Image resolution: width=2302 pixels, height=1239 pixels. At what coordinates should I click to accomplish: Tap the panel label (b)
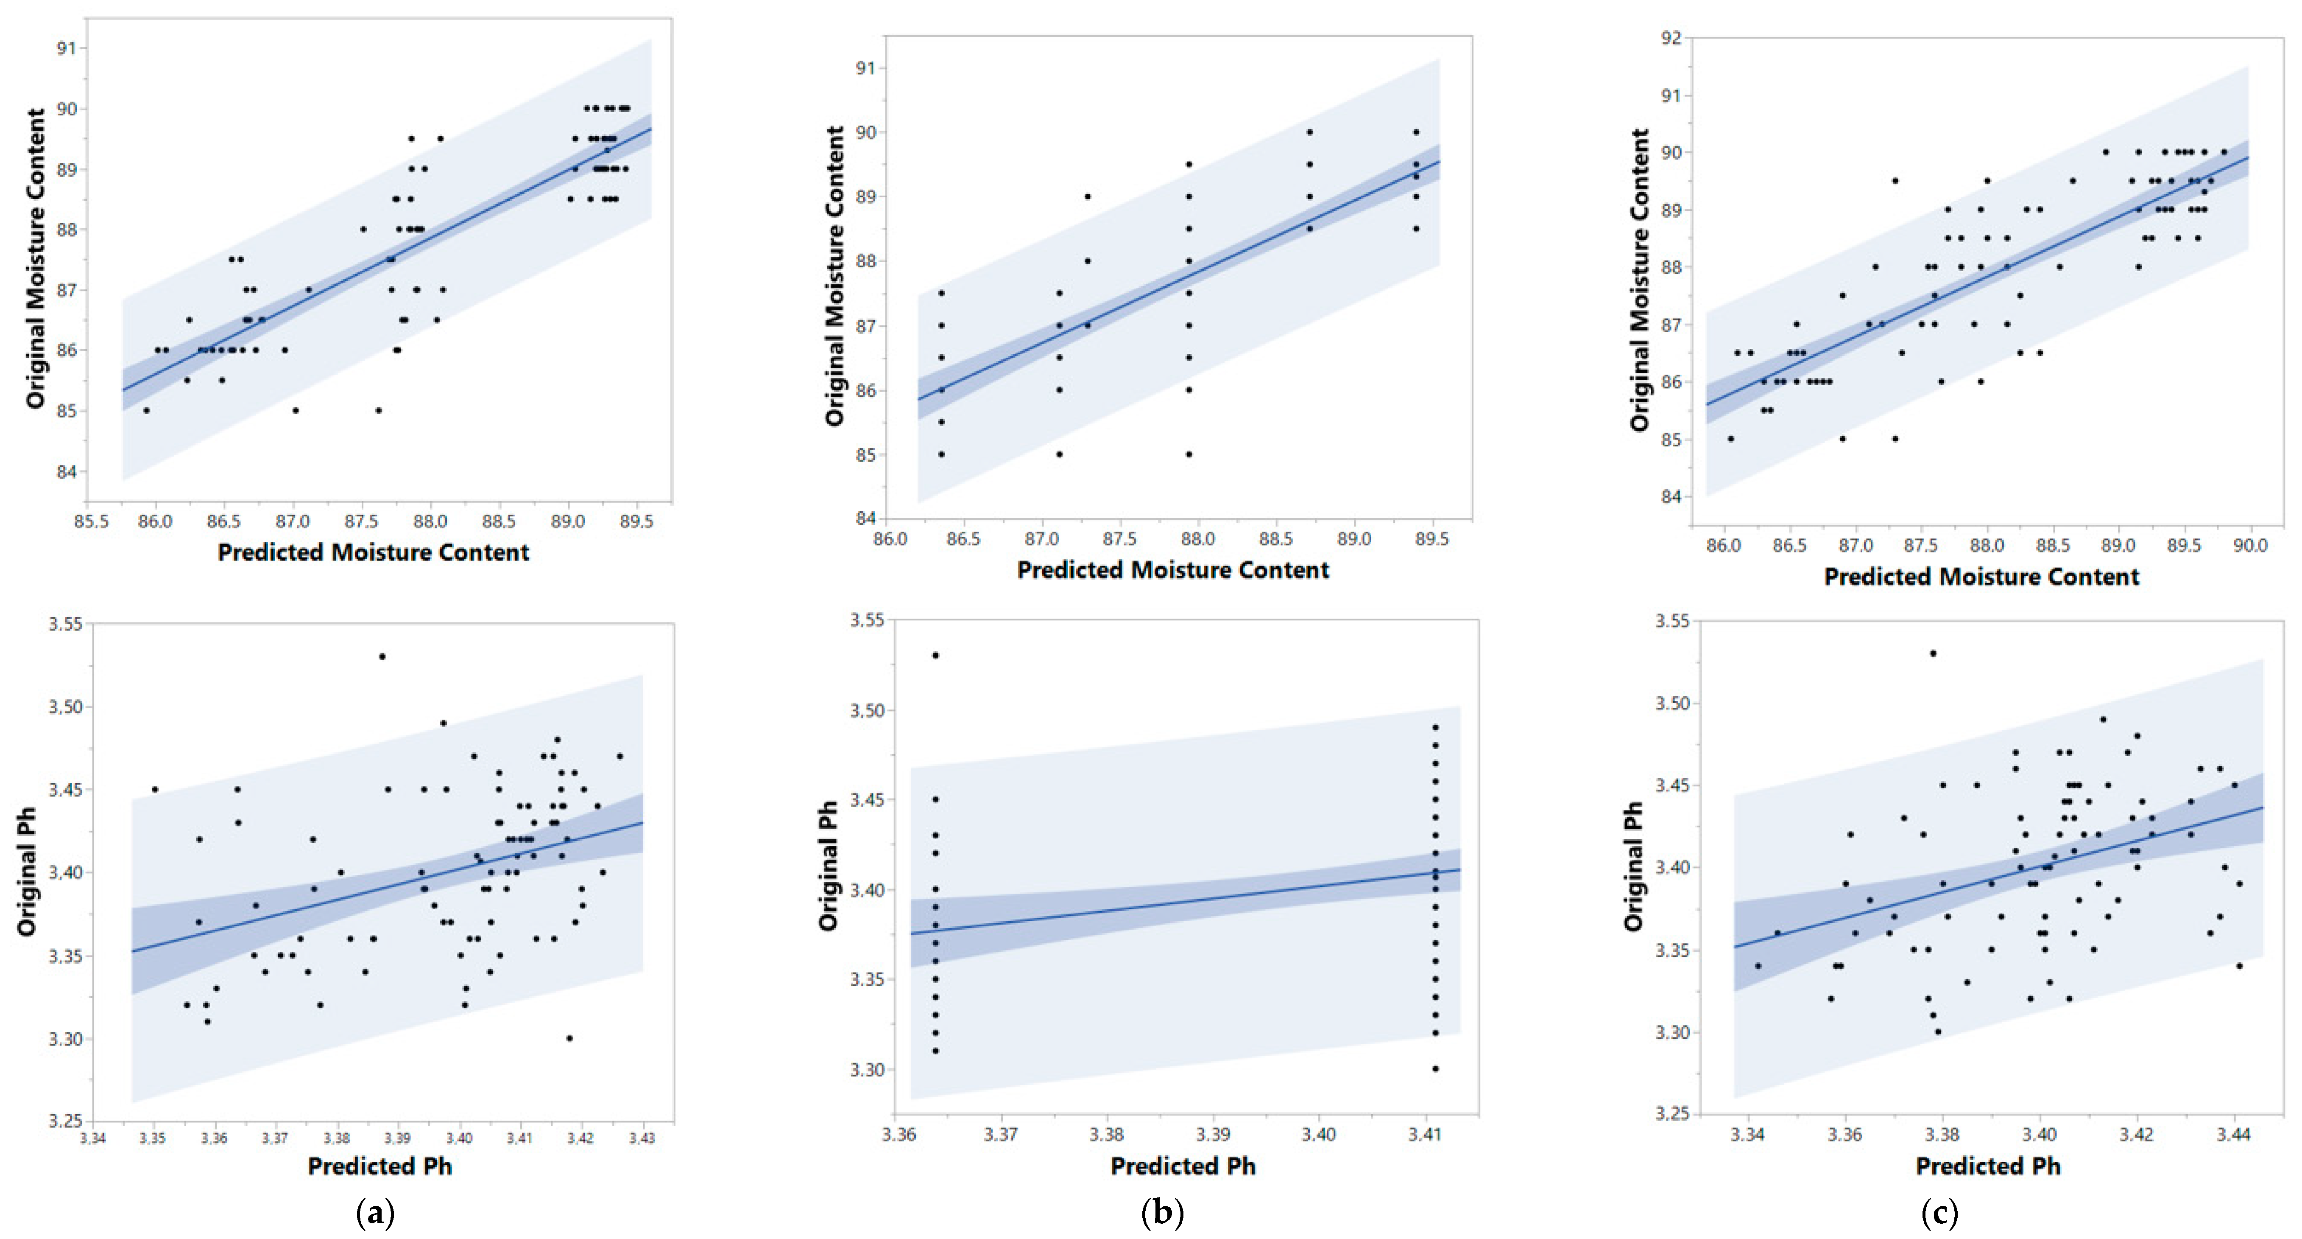click(x=1162, y=1213)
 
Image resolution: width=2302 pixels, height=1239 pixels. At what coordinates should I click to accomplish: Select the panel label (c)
click(x=1939, y=1213)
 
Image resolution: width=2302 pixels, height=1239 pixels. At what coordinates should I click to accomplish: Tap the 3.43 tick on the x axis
click(x=642, y=1138)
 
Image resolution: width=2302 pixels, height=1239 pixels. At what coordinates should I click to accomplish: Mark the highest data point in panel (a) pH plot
click(x=382, y=656)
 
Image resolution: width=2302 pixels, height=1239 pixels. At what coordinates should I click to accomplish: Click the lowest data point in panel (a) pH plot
click(x=569, y=1038)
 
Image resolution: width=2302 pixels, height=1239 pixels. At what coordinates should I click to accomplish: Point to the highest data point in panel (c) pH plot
click(x=1932, y=653)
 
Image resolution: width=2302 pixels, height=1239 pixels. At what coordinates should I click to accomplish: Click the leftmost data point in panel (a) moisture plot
click(x=147, y=410)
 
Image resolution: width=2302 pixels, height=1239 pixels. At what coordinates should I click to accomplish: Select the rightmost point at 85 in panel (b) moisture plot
click(x=1189, y=454)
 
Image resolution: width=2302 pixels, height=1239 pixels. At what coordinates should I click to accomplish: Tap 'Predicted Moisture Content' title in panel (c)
click(x=1981, y=577)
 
